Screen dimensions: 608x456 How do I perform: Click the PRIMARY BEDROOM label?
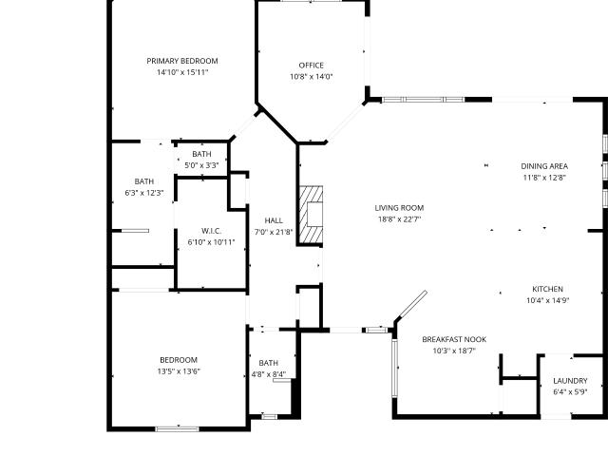coord(182,61)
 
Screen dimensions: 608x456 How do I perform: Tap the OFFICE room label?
coord(311,66)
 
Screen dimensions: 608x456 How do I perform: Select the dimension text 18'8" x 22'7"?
coord(399,219)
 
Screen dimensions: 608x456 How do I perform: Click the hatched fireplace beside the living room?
coord(311,216)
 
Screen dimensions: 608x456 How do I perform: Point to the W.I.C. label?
coord(211,231)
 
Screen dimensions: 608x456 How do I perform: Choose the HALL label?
coord(274,220)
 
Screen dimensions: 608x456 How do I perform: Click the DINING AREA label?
coord(544,166)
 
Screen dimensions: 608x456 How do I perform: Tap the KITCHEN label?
coord(547,289)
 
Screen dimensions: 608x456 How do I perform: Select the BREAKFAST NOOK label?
coord(454,339)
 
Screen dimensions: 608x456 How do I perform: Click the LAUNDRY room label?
coord(570,381)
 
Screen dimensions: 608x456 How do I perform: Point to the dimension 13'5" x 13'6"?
coord(179,371)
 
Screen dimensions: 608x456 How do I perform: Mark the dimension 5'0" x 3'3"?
coord(201,165)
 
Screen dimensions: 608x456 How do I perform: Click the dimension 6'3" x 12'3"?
coord(144,193)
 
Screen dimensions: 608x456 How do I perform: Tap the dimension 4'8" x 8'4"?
coord(269,374)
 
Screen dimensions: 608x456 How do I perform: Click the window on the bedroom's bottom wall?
coord(177,428)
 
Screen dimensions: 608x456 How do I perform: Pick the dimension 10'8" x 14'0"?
coord(312,77)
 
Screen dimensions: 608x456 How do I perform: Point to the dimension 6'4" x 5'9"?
coord(570,392)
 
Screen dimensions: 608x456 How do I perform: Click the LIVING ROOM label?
coord(399,208)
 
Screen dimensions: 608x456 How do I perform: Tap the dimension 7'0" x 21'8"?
coord(274,232)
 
